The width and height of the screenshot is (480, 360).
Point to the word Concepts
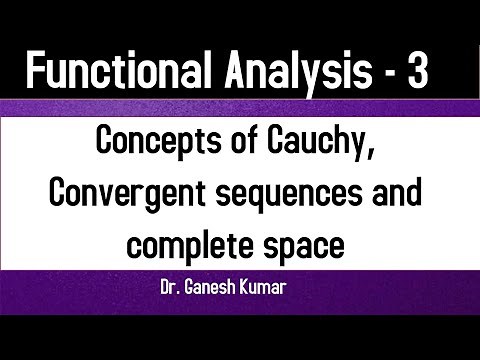pyautogui.click(x=155, y=145)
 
